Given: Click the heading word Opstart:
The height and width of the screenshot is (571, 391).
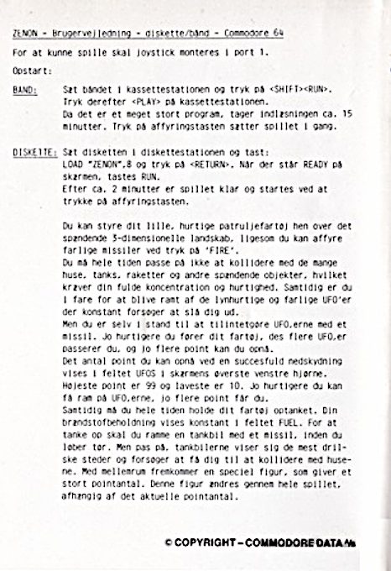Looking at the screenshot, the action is [32, 71].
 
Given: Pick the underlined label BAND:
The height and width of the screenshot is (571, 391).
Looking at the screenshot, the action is [27, 89].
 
